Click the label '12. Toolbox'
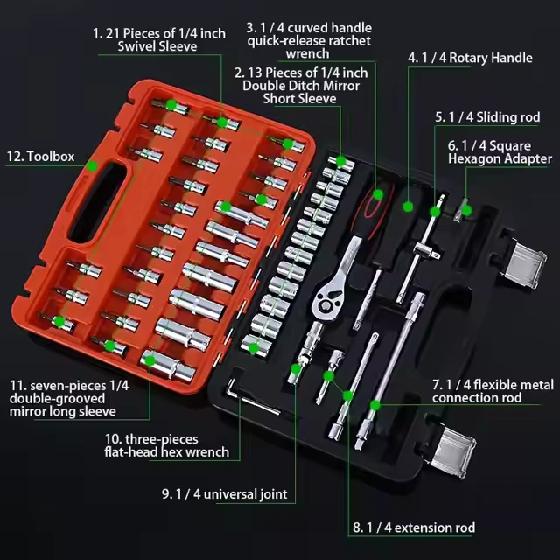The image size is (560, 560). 40,157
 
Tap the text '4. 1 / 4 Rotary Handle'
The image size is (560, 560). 470,58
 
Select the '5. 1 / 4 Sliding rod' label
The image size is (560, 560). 487,117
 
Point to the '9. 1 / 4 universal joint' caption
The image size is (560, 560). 225,494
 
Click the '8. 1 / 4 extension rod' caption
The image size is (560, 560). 414,528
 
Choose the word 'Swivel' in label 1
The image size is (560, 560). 136,46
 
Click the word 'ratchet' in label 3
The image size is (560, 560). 350,41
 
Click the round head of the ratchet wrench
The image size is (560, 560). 326,302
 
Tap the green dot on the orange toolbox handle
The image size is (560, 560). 93,166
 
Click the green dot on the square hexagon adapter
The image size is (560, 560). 466,211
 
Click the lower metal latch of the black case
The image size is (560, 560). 453,450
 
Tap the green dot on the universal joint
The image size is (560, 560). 296,369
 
